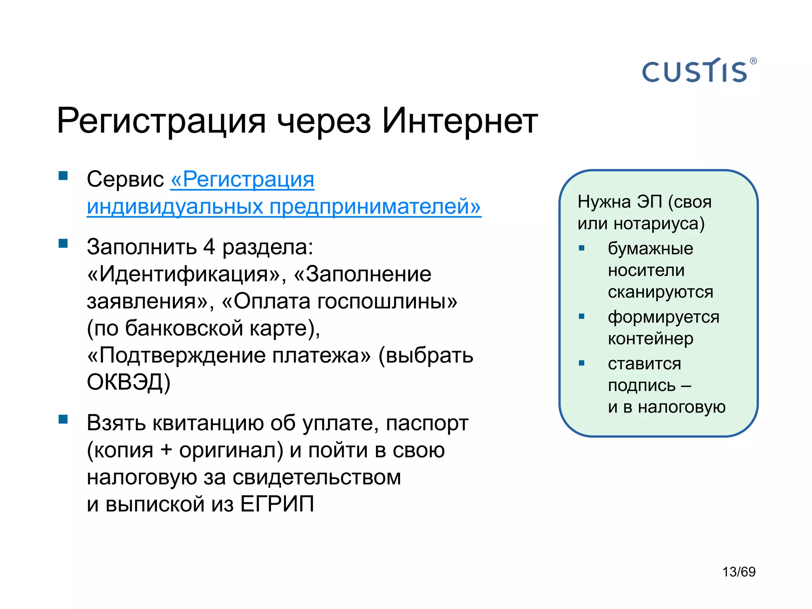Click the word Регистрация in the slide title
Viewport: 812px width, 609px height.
[161, 121]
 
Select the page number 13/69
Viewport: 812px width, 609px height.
[739, 572]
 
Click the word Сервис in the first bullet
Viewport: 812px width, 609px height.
[125, 179]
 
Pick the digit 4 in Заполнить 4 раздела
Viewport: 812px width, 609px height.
[209, 247]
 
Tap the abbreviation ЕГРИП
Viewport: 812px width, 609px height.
[277, 504]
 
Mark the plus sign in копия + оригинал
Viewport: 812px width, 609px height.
[166, 451]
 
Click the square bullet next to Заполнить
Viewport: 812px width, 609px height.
[63, 243]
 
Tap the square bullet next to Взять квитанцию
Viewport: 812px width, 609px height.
[63, 419]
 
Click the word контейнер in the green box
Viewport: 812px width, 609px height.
[651, 339]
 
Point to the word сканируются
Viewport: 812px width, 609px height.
[661, 292]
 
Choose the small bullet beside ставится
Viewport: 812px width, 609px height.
[581, 363]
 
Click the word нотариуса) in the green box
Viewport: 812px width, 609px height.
[659, 224]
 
